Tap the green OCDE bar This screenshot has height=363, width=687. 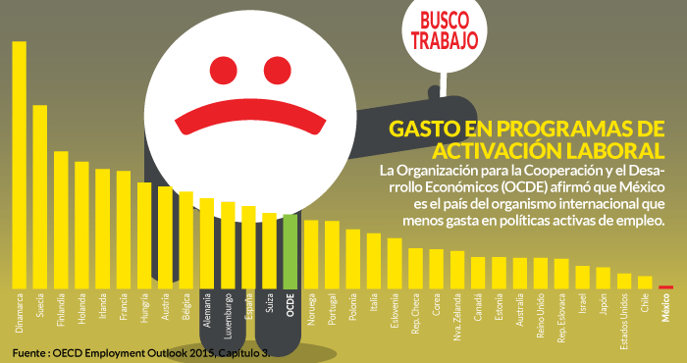(290, 250)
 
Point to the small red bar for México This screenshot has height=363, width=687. (665, 286)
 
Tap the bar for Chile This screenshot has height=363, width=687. (645, 283)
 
